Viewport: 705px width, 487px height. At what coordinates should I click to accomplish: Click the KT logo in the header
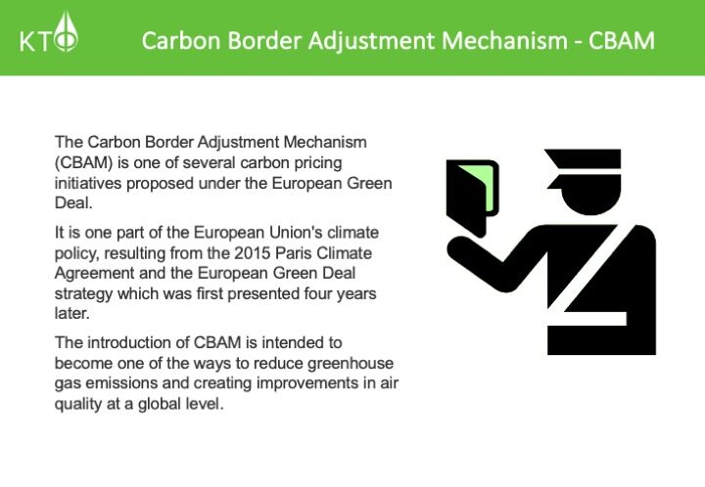point(49,32)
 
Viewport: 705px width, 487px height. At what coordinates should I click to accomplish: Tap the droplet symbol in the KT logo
point(66,31)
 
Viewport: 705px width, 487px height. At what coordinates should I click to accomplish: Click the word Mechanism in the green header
point(505,40)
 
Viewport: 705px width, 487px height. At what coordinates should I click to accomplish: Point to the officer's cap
point(585,168)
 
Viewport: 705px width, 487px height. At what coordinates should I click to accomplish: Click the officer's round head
point(591,197)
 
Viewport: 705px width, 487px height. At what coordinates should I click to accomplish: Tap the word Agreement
point(94,274)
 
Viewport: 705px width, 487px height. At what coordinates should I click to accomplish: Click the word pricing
point(318,163)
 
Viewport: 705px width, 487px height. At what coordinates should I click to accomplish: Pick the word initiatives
point(88,183)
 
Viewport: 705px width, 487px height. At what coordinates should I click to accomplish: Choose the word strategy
point(83,294)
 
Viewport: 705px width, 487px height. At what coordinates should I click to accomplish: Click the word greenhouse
point(351,364)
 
